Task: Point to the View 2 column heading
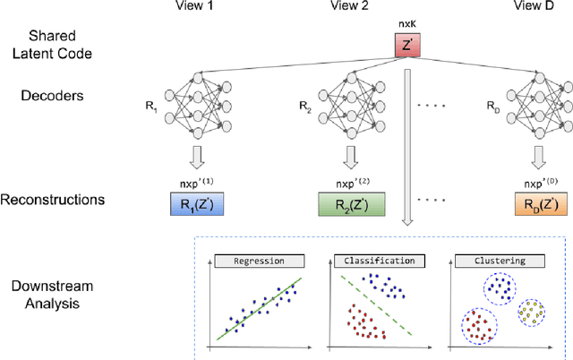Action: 347,7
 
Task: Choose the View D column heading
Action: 536,7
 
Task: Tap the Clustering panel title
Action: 484,261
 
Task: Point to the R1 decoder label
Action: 150,105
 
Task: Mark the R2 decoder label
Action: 304,105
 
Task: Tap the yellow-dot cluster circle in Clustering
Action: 535,313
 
